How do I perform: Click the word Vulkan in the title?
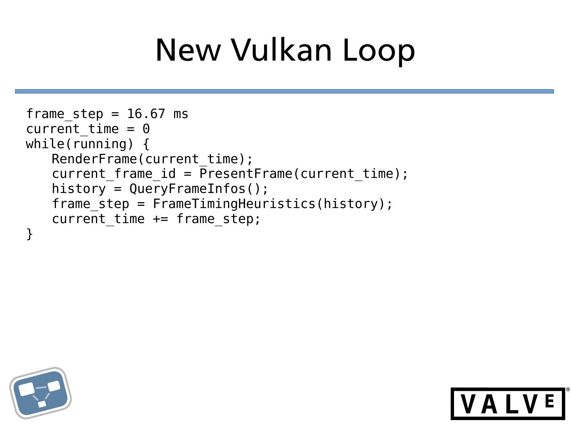281,50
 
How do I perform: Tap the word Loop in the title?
378,50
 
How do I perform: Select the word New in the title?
188,50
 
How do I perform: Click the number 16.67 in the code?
146,114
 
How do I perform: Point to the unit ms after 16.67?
181,114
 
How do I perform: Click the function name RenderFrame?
94,159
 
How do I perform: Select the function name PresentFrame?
245,174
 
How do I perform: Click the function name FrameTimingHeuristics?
234,204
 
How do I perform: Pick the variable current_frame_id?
114,174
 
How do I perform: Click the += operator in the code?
161,219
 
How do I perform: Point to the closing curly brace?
30,234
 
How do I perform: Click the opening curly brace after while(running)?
146,144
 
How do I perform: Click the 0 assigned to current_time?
146,129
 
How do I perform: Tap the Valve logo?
508,403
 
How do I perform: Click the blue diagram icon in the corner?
40,393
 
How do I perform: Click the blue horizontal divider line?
284,92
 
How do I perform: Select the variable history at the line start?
79,189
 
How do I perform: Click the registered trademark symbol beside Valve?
567,390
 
